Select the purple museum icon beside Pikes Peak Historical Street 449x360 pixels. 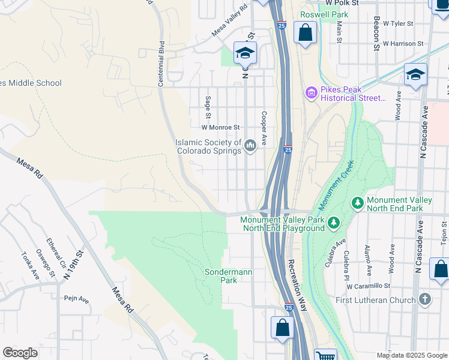coord(311,92)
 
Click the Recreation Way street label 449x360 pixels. coord(298,285)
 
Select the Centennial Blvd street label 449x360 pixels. coord(161,63)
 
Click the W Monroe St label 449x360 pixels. coord(220,127)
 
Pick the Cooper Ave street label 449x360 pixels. coord(263,128)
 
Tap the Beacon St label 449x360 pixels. coord(377,34)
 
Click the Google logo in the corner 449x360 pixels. coord(20,353)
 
